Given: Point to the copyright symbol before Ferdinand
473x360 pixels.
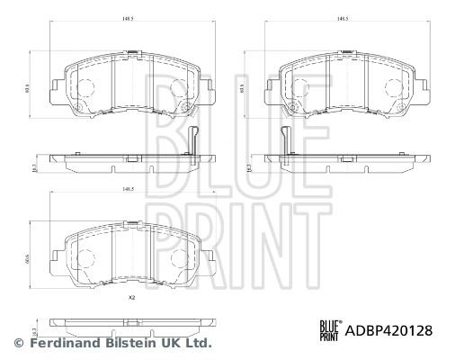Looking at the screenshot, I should pyautogui.click(x=19, y=343).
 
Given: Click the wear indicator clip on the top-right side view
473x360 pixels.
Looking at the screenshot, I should pyautogui.click(x=285, y=141).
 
